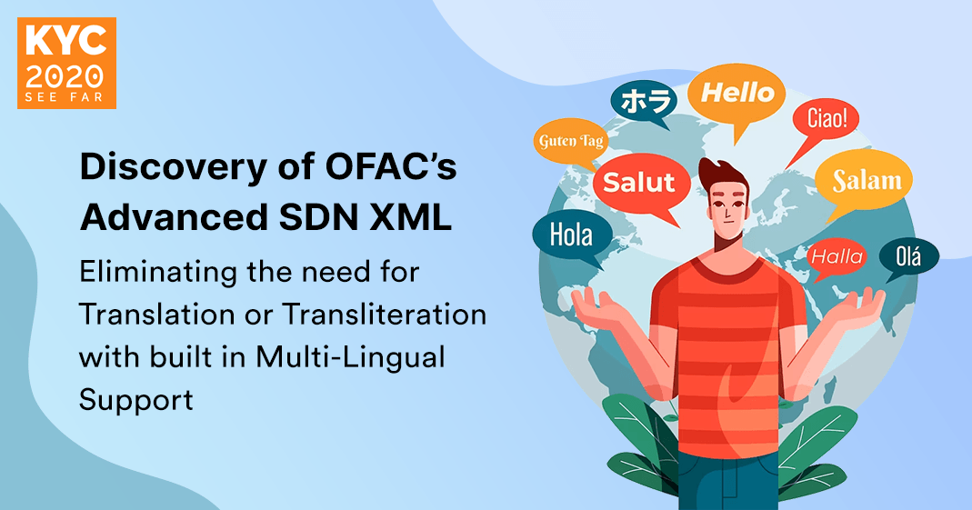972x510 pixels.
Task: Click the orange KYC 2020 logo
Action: (66, 63)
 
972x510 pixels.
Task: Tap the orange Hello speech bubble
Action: (737, 93)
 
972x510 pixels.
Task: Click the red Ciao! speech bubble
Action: (826, 119)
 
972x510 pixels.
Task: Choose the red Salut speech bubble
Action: (639, 182)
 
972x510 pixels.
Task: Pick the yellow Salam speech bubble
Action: (866, 181)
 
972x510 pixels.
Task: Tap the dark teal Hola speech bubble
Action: (570, 236)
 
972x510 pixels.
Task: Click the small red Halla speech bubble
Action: (836, 257)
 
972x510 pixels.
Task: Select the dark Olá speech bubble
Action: (907, 256)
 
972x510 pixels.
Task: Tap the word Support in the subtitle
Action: (136, 399)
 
